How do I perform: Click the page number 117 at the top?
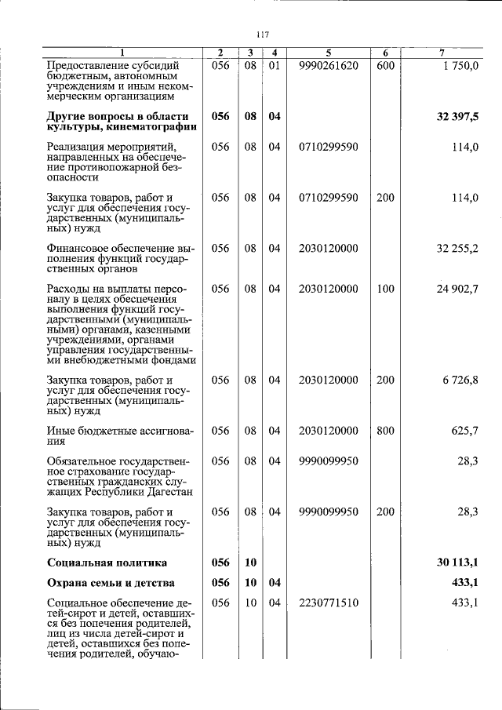[x=263, y=34]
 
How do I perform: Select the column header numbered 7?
[x=442, y=53]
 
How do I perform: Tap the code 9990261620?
[x=328, y=65]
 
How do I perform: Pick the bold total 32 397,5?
[x=457, y=116]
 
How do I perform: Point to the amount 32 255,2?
[x=457, y=248]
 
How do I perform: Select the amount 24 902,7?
[x=457, y=289]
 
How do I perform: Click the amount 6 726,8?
[x=460, y=380]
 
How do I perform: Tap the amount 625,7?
[x=463, y=431]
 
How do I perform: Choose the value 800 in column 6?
[x=385, y=431]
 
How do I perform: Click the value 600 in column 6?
[x=385, y=65]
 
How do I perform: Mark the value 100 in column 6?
[x=385, y=289]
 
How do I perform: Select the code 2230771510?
[x=328, y=603]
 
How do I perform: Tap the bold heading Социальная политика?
[x=107, y=563]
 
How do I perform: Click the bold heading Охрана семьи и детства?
[x=111, y=583]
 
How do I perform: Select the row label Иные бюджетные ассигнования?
[x=119, y=435]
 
